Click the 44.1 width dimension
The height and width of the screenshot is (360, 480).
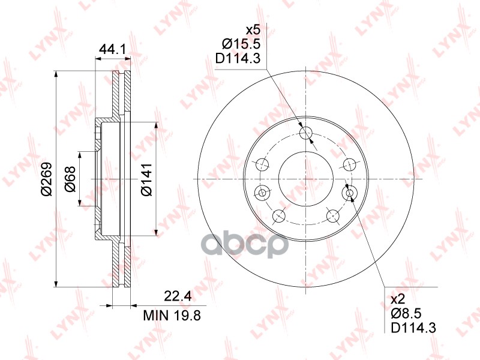(112, 49)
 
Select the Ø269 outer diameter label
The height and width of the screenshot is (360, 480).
(47, 179)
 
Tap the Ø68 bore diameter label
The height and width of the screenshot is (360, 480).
(70, 179)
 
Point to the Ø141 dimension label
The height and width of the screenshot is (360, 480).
(146, 179)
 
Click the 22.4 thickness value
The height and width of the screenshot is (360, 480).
(178, 296)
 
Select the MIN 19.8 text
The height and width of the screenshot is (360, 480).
(172, 315)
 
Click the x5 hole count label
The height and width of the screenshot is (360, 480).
(253, 31)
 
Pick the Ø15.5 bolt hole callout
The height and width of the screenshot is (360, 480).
(241, 44)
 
